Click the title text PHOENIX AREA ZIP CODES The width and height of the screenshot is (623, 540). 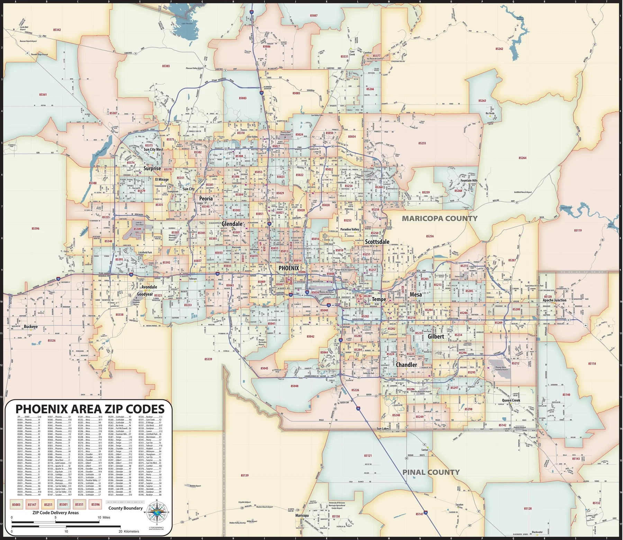pyautogui.click(x=90, y=409)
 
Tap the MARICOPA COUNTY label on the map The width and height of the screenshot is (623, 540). pyautogui.click(x=439, y=218)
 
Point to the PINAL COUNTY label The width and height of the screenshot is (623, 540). pyautogui.click(x=431, y=472)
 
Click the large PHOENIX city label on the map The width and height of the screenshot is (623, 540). pyautogui.click(x=289, y=268)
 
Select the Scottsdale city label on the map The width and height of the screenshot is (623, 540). pyautogui.click(x=377, y=242)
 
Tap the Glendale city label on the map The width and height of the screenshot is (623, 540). pyautogui.click(x=232, y=224)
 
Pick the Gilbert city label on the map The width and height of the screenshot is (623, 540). pyautogui.click(x=436, y=336)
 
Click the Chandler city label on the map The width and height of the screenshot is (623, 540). pyautogui.click(x=406, y=365)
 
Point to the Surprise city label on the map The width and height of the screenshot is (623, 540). pyautogui.click(x=152, y=169)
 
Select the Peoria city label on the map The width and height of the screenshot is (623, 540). pyautogui.click(x=206, y=199)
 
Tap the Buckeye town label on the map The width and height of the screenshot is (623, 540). pyautogui.click(x=31, y=327)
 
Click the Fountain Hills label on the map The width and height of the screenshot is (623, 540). pyautogui.click(x=469, y=180)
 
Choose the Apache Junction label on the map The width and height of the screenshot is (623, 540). pyautogui.click(x=554, y=300)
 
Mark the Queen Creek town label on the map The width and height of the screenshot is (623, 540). pyautogui.click(x=511, y=400)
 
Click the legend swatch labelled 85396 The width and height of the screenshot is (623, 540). pyautogui.click(x=96, y=505)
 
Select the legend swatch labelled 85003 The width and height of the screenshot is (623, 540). pyautogui.click(x=16, y=505)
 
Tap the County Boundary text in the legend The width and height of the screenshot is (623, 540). pyautogui.click(x=125, y=508)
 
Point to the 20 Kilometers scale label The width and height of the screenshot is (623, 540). pyautogui.click(x=129, y=531)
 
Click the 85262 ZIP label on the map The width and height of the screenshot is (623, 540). pyautogui.click(x=499, y=49)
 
